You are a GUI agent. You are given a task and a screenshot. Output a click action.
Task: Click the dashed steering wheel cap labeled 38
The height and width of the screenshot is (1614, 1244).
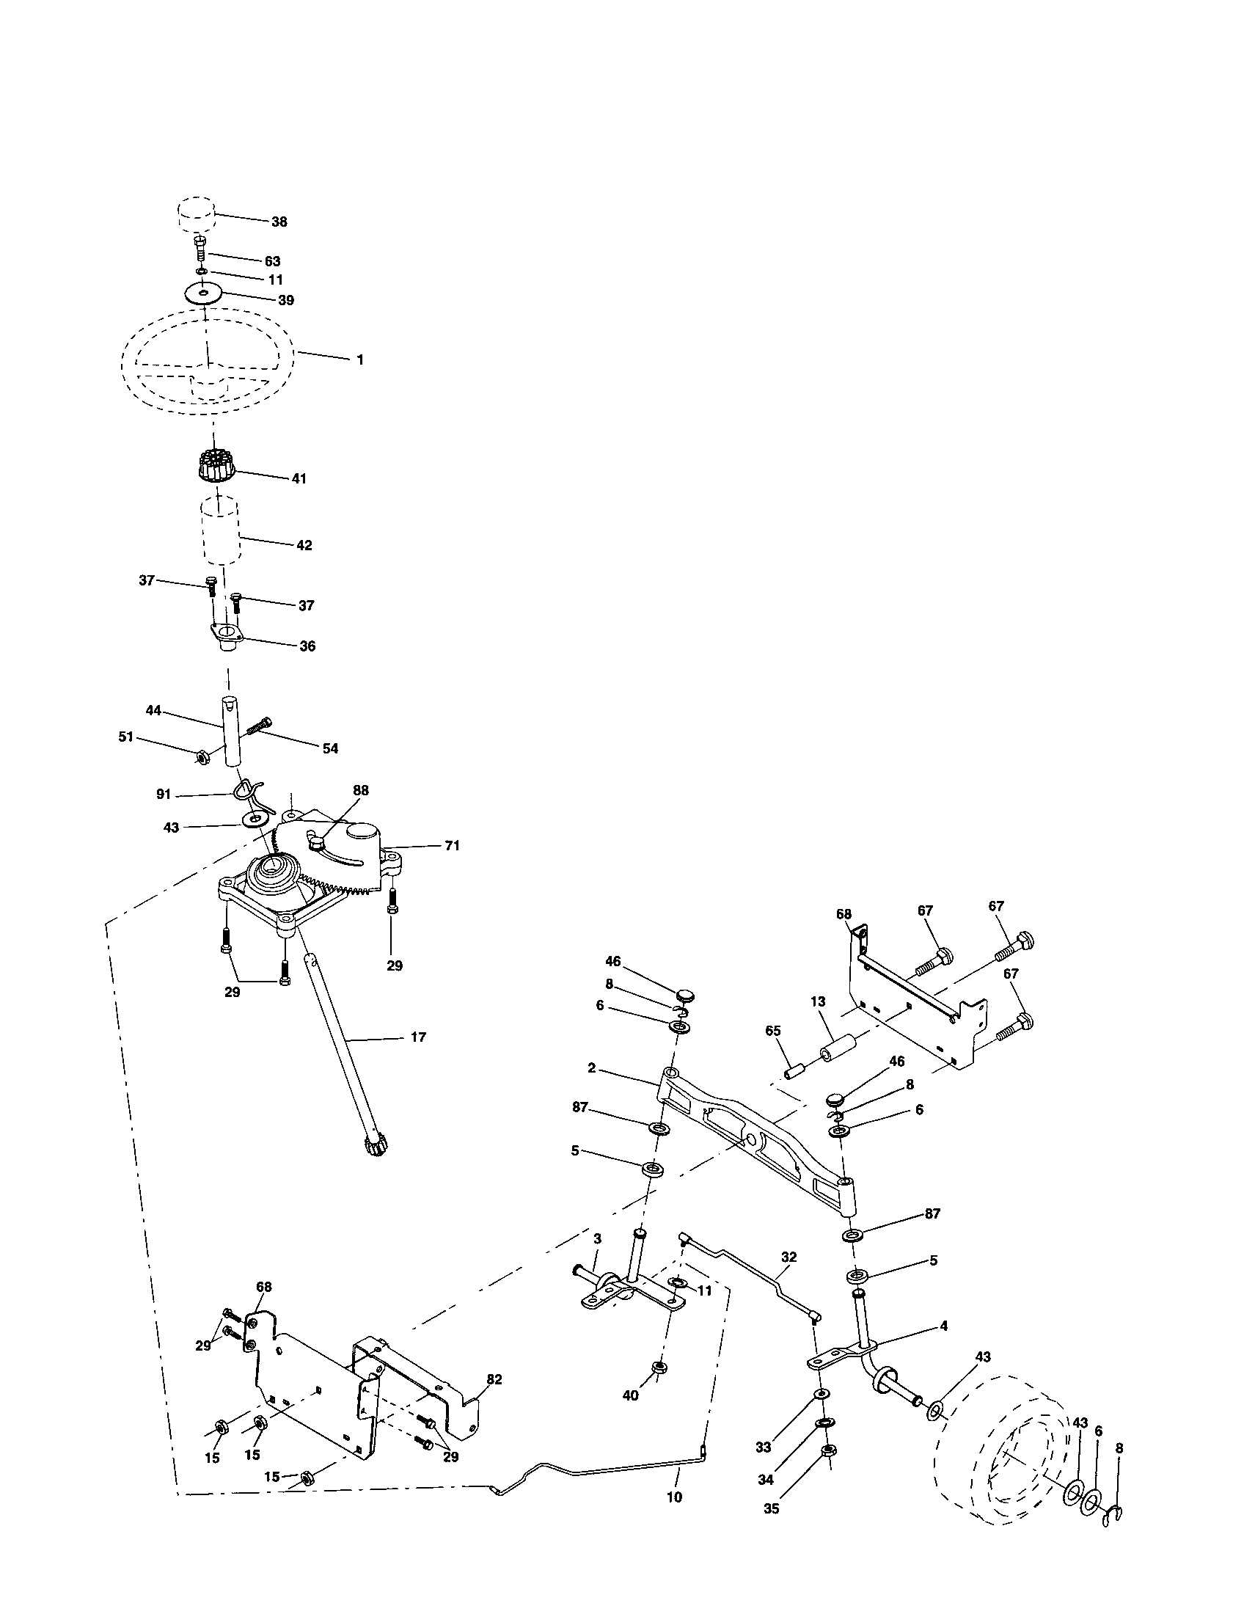(x=195, y=214)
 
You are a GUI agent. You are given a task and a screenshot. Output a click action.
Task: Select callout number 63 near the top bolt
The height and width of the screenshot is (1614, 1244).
(x=272, y=261)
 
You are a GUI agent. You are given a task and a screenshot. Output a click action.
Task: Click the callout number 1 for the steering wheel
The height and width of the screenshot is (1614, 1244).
(x=359, y=360)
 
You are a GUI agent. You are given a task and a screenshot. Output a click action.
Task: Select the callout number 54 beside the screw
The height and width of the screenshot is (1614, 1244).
(x=330, y=748)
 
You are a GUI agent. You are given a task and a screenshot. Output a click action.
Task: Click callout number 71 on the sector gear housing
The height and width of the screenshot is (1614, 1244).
(x=451, y=845)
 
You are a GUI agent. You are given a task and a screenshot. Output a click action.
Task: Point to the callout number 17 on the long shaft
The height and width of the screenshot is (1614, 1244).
(x=418, y=1037)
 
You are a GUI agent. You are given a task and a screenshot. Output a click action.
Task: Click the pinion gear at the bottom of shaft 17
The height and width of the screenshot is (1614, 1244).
(x=377, y=1147)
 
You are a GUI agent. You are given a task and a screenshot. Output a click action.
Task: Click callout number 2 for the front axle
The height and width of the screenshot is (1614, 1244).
(x=592, y=1069)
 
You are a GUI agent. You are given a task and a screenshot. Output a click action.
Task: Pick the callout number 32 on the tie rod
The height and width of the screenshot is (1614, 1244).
(x=789, y=1256)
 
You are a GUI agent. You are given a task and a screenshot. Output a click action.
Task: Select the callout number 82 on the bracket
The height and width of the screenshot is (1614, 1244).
(x=494, y=1379)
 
